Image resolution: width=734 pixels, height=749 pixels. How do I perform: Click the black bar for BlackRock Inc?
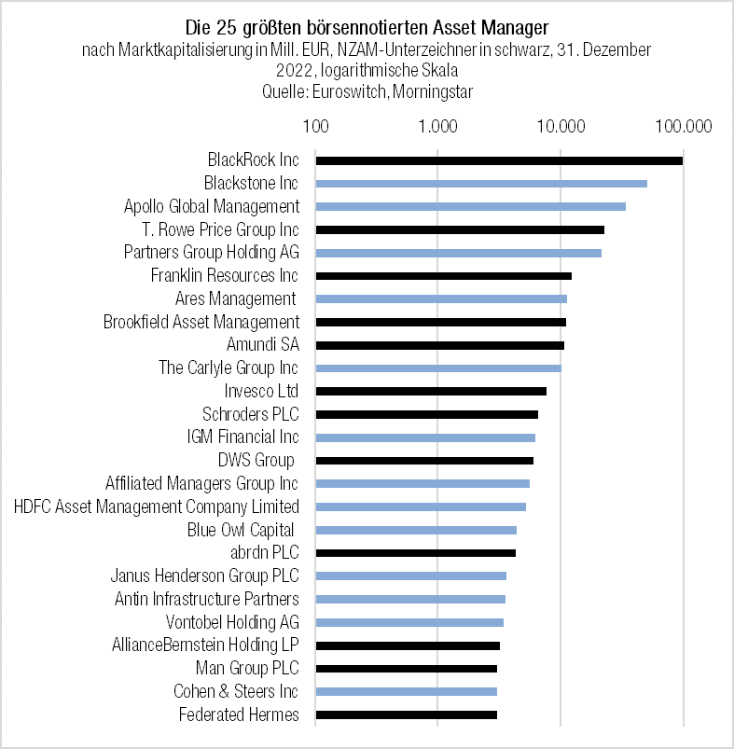pyautogui.click(x=499, y=160)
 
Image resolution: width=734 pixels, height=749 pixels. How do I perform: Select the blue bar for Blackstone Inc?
pyautogui.click(x=481, y=184)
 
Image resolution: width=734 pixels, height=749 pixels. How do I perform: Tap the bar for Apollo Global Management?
pyautogui.click(x=471, y=206)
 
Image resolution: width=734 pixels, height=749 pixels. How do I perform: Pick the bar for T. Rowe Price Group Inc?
pyautogui.click(x=460, y=229)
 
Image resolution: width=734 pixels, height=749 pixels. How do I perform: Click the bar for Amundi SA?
pyautogui.click(x=440, y=345)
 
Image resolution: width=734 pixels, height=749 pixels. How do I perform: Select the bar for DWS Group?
pyautogui.click(x=424, y=461)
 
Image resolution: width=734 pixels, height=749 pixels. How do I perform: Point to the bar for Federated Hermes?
pyautogui.click(x=407, y=714)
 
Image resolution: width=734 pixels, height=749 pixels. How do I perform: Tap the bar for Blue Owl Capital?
pyautogui.click(x=416, y=530)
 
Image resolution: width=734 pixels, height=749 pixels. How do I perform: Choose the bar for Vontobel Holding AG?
pyautogui.click(x=409, y=622)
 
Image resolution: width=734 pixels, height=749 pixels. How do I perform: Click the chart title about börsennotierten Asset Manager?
pyautogui.click(x=367, y=23)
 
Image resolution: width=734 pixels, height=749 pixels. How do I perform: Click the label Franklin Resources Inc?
pyautogui.click(x=225, y=275)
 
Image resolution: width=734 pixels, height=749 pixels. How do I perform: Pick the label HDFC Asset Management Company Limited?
pyautogui.click(x=157, y=506)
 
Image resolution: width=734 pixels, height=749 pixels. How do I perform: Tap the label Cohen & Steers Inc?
pyautogui.click(x=236, y=691)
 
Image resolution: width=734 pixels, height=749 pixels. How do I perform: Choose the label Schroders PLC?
pyautogui.click(x=250, y=414)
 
